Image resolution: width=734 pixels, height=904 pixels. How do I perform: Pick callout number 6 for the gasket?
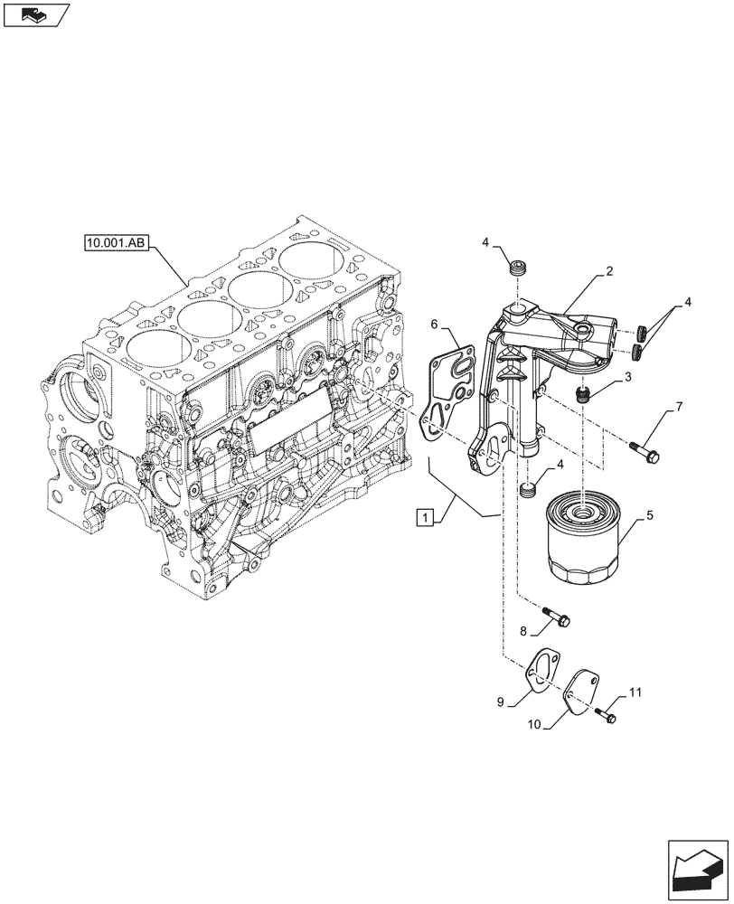[434, 324]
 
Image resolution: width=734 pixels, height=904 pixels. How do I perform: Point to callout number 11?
[635, 692]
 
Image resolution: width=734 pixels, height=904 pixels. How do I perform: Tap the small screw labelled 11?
[607, 715]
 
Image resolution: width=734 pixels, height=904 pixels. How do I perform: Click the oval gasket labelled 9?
[542, 670]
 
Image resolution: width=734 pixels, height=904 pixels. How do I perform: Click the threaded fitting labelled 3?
[584, 394]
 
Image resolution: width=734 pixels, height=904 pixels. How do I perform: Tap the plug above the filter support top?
[518, 268]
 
